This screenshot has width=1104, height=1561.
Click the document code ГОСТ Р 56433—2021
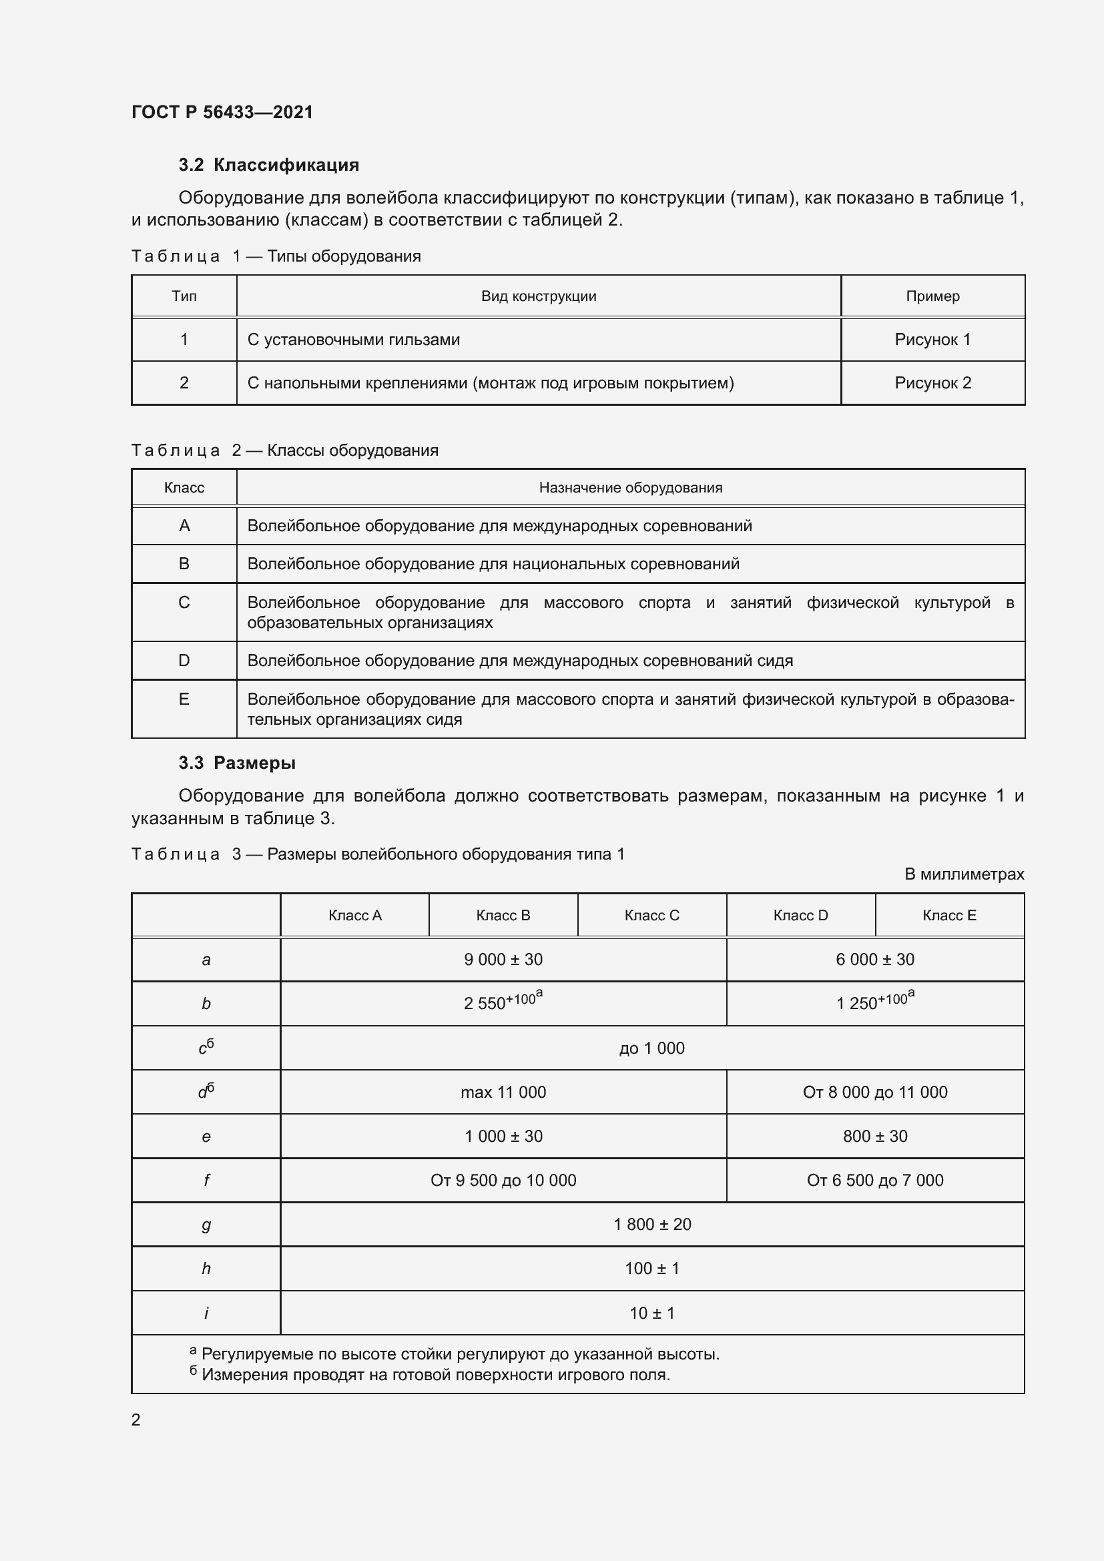(222, 112)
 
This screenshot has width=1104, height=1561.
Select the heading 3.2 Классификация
(268, 166)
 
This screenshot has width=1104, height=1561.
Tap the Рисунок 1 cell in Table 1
(932, 339)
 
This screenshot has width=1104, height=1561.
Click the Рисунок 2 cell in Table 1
(932, 383)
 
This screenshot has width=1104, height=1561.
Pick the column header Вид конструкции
(539, 296)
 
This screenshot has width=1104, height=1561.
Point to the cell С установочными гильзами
(354, 339)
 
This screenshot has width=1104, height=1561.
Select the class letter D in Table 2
(184, 660)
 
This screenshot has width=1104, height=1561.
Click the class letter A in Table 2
(184, 525)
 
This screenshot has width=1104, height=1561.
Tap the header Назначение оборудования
(630, 487)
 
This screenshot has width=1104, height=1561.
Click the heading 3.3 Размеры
(237, 763)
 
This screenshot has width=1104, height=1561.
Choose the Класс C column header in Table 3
(651, 915)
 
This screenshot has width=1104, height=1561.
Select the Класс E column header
(949, 915)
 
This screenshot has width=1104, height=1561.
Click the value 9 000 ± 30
(503, 959)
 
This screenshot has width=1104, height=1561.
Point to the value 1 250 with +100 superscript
(874, 1003)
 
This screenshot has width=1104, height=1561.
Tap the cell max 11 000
(503, 1092)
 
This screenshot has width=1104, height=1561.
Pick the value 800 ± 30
(875, 1136)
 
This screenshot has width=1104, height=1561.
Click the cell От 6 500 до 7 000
(875, 1181)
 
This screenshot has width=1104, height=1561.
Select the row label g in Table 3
(206, 1225)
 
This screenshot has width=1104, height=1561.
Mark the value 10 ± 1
(651, 1313)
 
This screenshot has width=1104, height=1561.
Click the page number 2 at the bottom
(136, 1420)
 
